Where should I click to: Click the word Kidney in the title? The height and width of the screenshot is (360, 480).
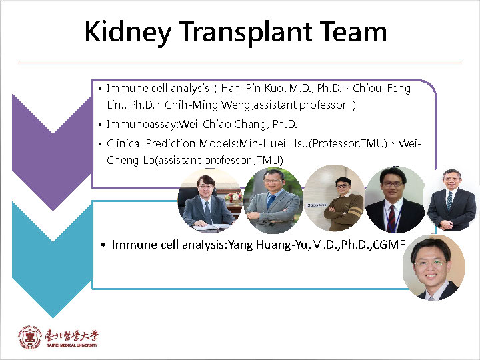tap(128, 33)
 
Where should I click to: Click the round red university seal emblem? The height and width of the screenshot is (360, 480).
tap(30, 337)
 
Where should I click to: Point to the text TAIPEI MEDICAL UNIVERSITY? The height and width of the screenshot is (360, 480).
tap(72, 345)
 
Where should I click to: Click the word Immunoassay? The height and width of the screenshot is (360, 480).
tap(141, 125)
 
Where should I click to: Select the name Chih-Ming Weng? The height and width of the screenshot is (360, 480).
tap(207, 105)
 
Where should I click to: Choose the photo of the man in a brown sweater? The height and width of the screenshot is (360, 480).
tap(335, 198)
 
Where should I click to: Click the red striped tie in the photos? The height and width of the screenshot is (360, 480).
tap(391, 218)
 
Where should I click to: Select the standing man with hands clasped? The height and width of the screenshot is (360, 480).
tap(451, 199)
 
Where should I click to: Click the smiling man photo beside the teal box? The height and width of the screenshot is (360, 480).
tap(433, 267)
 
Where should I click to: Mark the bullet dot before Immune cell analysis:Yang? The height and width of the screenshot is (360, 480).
tap(103, 245)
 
